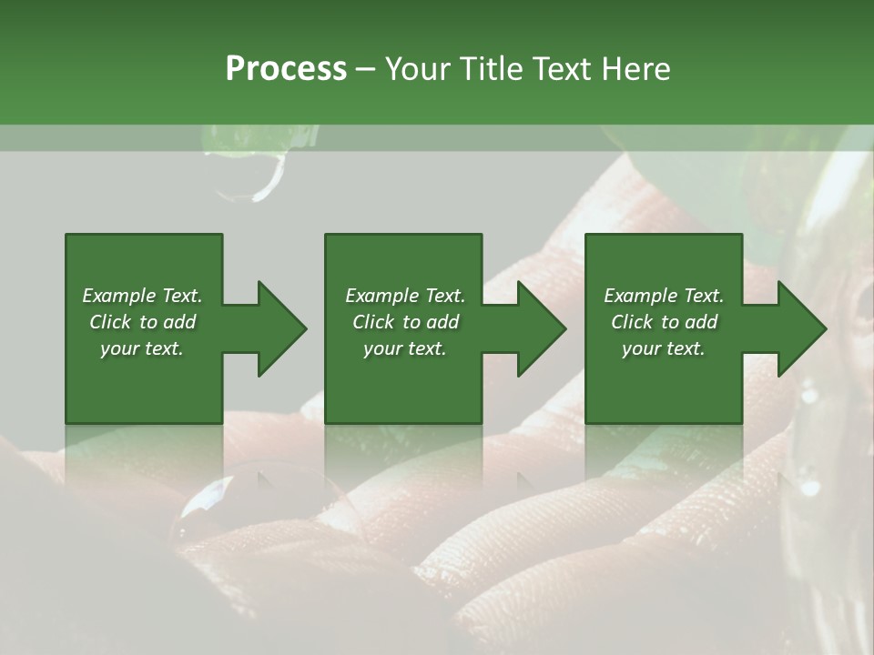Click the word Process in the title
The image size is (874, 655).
[x=286, y=69]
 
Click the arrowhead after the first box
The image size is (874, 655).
[x=280, y=328]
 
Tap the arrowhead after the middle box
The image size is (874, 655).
[x=541, y=328]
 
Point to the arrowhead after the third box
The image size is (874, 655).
[x=801, y=328]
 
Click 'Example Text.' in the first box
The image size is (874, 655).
[x=142, y=296]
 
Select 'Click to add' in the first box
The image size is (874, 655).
[x=142, y=322]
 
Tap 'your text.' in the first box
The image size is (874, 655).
[x=142, y=348]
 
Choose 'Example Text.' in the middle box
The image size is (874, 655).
[x=405, y=296]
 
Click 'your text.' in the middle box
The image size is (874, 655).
[x=405, y=348]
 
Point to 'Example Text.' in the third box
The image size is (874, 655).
[x=664, y=296]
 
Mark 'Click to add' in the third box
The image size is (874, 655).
[x=664, y=322]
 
